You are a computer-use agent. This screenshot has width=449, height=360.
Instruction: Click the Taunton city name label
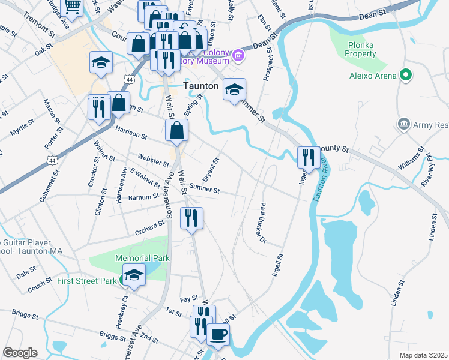point(200,86)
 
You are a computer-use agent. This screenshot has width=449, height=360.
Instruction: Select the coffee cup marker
point(218,334)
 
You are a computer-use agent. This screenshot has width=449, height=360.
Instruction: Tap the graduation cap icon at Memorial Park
point(135,274)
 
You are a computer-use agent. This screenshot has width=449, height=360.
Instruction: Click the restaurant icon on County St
point(308,157)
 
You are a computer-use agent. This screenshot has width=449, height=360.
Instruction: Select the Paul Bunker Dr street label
point(262,223)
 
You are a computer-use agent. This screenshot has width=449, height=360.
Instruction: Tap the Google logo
point(20,353)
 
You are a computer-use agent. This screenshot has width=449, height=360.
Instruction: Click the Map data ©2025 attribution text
point(423,355)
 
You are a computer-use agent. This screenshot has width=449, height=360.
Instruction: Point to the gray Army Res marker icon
point(403,125)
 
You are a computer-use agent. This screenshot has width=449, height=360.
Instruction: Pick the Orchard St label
point(150,227)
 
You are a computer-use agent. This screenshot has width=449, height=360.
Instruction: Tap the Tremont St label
point(38,23)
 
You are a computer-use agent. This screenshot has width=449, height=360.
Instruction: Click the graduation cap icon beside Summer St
point(234,89)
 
